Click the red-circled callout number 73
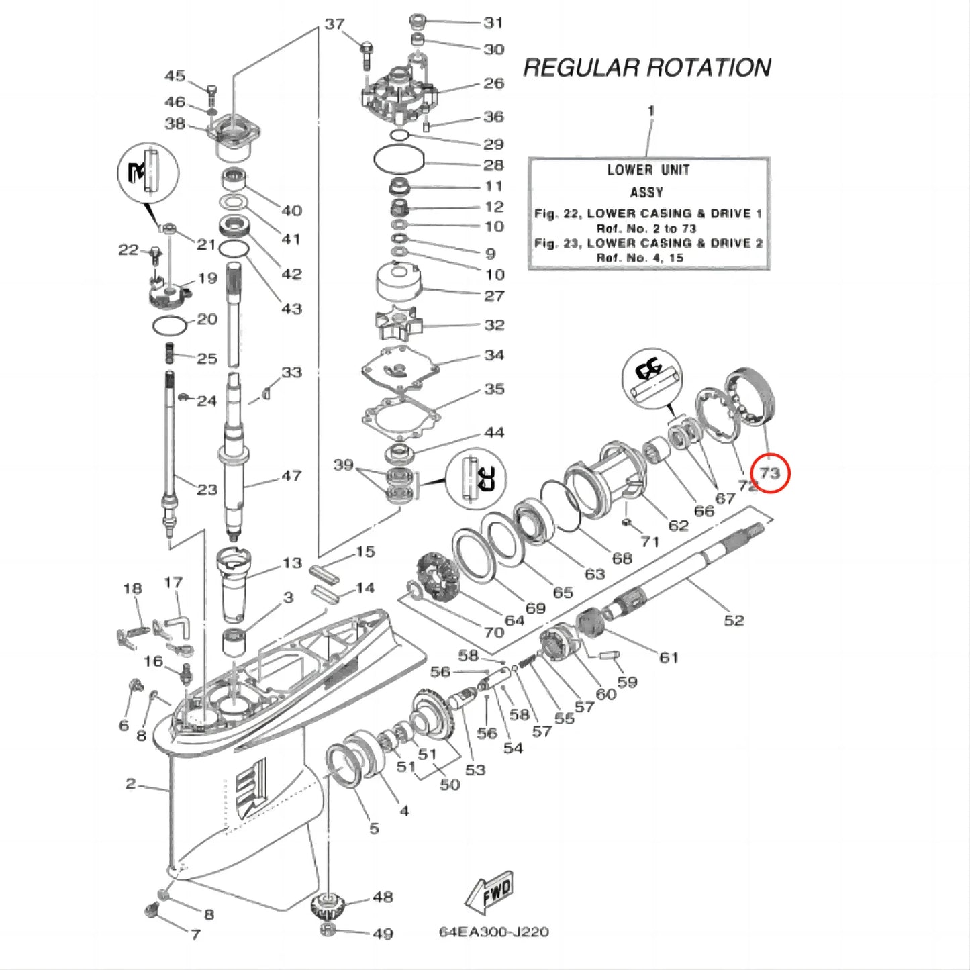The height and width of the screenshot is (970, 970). tap(769, 473)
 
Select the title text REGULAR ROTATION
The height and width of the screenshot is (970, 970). tap(646, 68)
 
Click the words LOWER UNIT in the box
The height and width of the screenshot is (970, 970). tap(648, 171)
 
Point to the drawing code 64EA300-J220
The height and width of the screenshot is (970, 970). tap(493, 932)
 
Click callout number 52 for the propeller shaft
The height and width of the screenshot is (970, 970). tap(734, 620)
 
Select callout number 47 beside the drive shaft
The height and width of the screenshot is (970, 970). tap(291, 476)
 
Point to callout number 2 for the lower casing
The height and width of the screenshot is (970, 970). tap(130, 783)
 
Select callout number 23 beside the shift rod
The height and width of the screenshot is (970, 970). tap(207, 489)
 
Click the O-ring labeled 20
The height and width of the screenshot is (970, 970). tap(169, 326)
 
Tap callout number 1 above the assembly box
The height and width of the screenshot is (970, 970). tap(650, 111)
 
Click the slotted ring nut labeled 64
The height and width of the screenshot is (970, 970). tap(436, 576)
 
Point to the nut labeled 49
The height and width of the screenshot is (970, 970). tap(328, 930)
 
